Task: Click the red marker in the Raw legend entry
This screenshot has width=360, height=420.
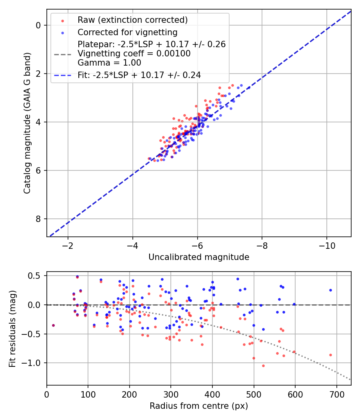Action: point(62,20)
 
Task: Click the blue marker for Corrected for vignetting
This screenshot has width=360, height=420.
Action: point(62,32)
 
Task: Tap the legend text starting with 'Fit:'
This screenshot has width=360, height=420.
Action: point(139,75)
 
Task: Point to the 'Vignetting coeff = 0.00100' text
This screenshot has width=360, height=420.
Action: point(134,54)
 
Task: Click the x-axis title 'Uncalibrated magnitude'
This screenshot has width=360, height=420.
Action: point(199,257)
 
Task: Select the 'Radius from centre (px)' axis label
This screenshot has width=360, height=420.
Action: point(199,406)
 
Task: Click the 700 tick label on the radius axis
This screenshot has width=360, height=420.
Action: point(336,393)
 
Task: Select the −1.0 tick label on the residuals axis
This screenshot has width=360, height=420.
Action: point(33,363)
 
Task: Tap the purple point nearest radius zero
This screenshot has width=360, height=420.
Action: point(53,325)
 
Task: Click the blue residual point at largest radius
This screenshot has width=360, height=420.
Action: point(330,290)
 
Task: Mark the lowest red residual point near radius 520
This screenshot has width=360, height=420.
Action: point(263,366)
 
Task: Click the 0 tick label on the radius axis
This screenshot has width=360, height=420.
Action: point(47,393)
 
